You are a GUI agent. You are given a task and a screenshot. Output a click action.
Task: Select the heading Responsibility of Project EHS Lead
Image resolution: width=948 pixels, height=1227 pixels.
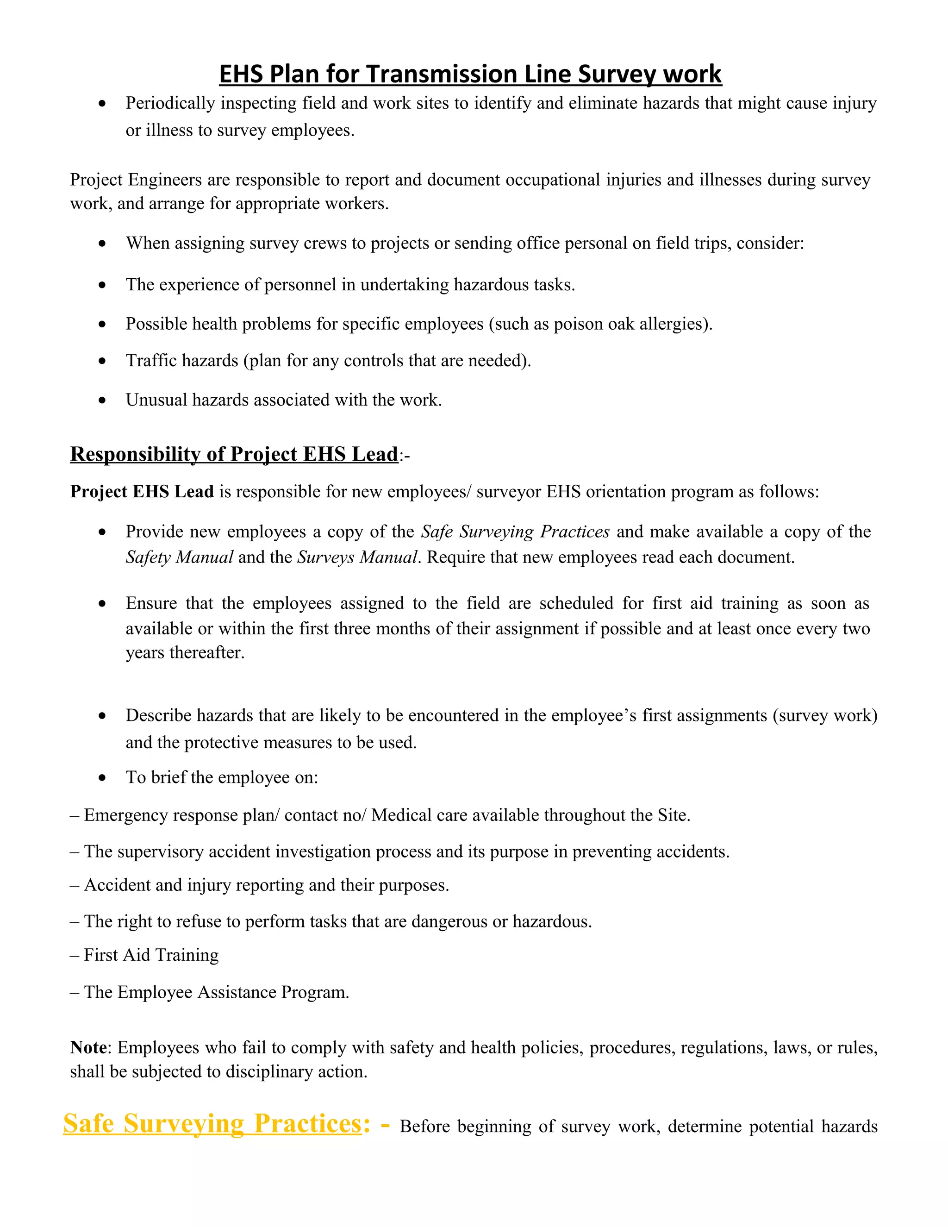tap(234, 454)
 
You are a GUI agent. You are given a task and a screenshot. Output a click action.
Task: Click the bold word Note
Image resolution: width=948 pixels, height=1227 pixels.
tap(88, 1048)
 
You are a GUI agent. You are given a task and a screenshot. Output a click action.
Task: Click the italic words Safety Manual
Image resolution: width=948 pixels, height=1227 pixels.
tap(179, 557)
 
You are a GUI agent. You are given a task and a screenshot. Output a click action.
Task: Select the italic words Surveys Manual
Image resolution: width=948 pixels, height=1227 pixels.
tap(357, 557)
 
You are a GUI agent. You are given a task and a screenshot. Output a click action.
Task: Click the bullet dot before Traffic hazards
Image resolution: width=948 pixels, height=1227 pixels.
tap(102, 361)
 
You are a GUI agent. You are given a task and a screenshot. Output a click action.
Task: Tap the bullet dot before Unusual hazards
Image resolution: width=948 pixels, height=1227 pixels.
tap(102, 401)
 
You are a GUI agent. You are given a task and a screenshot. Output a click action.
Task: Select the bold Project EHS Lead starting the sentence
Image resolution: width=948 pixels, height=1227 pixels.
tap(142, 492)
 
